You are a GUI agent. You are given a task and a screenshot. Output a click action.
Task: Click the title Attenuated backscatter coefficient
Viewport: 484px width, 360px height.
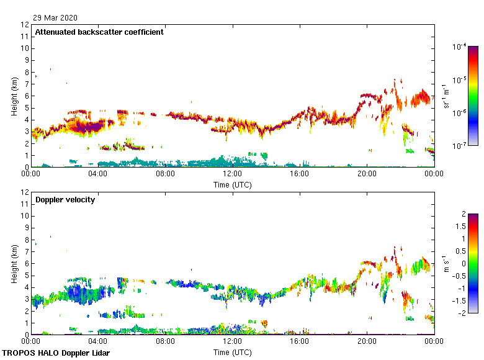coord(99,32)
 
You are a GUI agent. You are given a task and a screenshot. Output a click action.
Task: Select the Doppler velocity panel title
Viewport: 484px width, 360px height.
coord(65,200)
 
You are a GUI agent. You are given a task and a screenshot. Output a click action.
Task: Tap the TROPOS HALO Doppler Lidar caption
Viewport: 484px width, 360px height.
coord(55,353)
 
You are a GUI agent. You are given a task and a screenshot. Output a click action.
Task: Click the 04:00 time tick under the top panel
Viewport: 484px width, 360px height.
coord(98,174)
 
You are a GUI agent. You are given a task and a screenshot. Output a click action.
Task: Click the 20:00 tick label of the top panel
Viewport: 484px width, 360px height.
coord(367,174)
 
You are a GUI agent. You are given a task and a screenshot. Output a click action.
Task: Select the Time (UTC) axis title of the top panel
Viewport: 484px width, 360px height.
coord(233,184)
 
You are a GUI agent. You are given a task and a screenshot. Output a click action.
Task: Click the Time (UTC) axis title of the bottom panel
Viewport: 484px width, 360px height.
coord(233,352)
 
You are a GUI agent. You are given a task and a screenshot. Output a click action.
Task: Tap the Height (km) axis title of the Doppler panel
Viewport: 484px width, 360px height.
coord(14,263)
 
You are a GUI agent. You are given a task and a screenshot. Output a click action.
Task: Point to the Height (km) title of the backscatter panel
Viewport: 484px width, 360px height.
coord(14,96)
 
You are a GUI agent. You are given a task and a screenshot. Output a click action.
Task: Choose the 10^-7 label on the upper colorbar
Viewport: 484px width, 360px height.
coord(460,146)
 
